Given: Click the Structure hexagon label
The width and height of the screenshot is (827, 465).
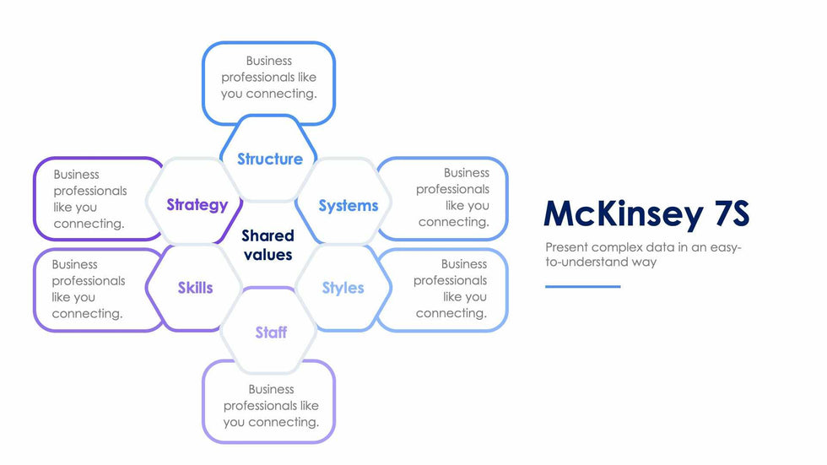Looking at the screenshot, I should (269, 159).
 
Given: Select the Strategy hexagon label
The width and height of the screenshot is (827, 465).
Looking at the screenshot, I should (197, 204).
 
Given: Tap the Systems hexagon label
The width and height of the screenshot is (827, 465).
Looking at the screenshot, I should (349, 205).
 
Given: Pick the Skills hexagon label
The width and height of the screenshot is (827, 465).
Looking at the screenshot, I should (195, 288).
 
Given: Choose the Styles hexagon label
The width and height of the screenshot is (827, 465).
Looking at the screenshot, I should (343, 288).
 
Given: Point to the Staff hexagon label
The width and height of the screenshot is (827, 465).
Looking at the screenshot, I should (271, 333).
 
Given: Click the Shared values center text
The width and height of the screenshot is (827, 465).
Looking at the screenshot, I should (268, 245).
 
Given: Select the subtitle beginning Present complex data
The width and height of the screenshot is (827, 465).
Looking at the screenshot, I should (642, 254).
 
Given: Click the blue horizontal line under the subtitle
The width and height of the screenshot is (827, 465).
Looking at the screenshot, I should (582, 287).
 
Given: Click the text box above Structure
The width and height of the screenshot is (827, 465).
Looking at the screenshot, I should (269, 77).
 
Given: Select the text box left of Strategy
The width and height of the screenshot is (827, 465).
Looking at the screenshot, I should (89, 199).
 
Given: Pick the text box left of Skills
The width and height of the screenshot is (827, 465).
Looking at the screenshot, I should (88, 289).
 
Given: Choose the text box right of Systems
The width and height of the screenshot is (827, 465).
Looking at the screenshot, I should (453, 197).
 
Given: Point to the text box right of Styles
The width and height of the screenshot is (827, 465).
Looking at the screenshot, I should (451, 289).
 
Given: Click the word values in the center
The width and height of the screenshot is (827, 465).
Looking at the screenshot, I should (268, 254).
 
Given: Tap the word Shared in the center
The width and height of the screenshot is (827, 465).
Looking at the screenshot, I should (268, 235).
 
